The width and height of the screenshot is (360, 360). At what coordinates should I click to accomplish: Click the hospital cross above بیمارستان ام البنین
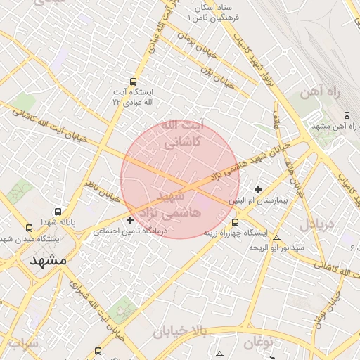258,189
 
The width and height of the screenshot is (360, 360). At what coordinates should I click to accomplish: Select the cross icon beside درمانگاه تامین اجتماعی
130,221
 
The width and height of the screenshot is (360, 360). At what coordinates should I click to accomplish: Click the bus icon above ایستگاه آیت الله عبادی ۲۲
134,82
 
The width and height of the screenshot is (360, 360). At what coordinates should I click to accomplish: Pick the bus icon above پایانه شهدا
58,212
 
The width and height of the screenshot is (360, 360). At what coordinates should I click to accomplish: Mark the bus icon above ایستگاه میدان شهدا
29,228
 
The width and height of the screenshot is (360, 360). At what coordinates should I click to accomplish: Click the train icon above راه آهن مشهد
347,115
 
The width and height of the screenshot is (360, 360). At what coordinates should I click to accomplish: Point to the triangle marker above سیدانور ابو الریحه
276,238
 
